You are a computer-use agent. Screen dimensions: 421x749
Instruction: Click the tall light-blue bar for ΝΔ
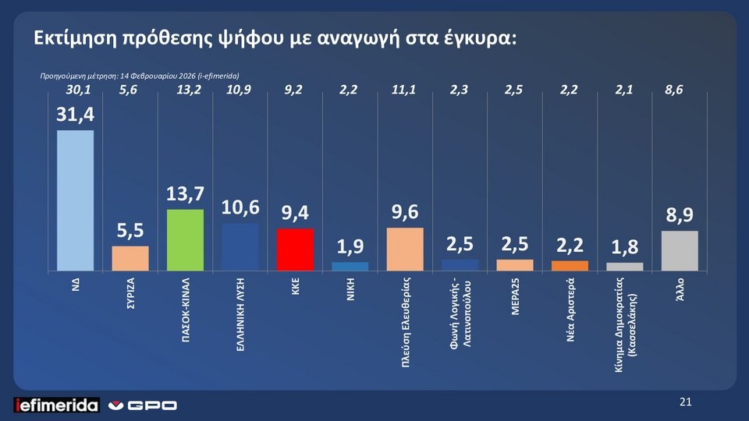click(75, 200)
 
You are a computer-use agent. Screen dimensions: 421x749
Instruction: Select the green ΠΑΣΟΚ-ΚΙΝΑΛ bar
click(185, 240)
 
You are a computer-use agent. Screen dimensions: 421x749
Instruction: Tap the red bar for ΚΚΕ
click(295, 249)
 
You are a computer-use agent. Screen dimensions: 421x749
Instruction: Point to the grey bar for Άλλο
click(679, 251)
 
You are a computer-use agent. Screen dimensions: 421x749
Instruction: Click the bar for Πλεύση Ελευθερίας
click(405, 249)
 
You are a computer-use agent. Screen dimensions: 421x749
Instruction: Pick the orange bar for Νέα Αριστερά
click(570, 266)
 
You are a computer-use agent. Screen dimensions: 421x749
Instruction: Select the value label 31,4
click(74, 115)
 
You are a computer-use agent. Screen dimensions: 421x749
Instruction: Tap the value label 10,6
click(240, 207)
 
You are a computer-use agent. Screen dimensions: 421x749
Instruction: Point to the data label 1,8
click(624, 248)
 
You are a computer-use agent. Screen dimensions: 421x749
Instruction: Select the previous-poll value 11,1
click(404, 90)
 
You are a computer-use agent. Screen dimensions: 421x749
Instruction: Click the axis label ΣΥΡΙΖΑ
click(131, 295)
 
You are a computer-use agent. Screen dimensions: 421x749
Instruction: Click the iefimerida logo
click(57, 405)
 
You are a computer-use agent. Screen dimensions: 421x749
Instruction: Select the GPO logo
click(143, 405)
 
